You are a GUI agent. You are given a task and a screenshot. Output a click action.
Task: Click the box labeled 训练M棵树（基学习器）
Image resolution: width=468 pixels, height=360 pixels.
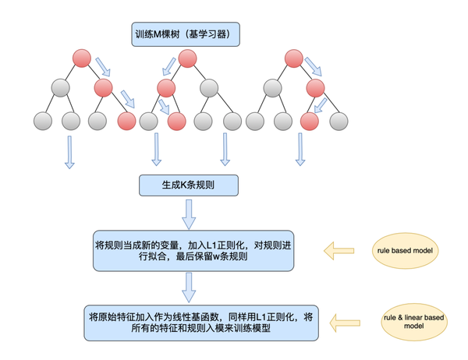coord(186,34)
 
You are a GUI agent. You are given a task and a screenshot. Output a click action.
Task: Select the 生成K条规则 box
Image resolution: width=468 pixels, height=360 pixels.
coord(188,186)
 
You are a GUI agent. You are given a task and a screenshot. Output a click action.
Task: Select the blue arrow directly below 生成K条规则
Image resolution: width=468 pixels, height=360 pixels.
coord(189,214)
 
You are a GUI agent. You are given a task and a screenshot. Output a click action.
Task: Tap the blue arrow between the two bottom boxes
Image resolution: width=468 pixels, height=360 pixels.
coord(189,287)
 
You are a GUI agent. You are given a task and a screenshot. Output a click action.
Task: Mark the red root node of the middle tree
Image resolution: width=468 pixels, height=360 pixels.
coord(187,57)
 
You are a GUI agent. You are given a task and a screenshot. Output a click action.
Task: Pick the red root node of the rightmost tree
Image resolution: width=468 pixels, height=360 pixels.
coord(294,57)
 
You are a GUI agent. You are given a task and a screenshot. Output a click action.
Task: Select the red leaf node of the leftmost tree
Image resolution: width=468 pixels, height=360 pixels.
coord(126,121)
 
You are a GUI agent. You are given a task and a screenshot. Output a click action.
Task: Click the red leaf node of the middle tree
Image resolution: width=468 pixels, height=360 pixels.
coord(176,121)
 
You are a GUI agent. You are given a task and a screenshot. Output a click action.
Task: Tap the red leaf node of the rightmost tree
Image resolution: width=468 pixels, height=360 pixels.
coord(309,121)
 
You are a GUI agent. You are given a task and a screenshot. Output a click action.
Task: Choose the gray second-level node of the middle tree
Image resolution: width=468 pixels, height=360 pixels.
coord(208,86)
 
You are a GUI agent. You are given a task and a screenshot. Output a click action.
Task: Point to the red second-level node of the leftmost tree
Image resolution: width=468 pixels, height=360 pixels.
coord(104,86)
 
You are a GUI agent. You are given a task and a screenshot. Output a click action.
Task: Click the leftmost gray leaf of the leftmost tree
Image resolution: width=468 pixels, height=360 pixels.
coord(44,121)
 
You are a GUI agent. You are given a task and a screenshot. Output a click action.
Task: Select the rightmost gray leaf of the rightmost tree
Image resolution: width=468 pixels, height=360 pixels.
coord(338,121)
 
